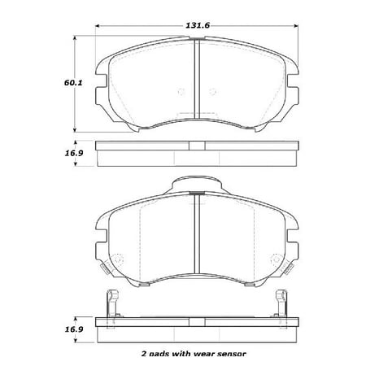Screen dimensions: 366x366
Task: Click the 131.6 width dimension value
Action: [196, 26]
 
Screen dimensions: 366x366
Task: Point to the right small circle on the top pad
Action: [213, 91]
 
